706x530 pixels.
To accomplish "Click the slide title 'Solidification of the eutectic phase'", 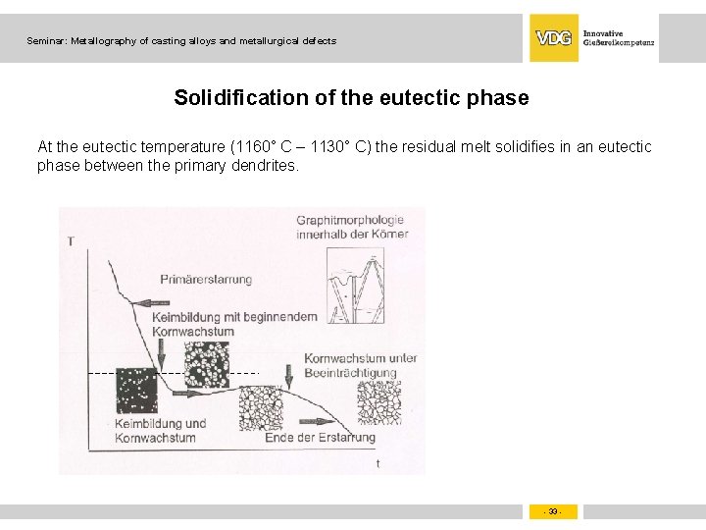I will coord(351,98).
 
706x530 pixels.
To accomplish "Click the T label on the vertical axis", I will coord(71,240).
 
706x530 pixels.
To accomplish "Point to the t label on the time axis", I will coord(378,463).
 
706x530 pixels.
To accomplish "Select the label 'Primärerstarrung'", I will coord(206,279).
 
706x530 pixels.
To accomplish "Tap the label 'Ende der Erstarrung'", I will coord(320,438).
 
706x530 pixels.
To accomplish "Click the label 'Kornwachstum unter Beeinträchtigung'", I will coord(360,365).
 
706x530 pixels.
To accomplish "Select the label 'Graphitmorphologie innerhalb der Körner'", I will coord(352,227).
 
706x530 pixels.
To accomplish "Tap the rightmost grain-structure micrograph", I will coord(378,402).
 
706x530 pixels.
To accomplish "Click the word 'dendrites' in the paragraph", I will coord(266,166).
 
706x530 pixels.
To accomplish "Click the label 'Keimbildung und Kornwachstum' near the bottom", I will coord(161,430).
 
